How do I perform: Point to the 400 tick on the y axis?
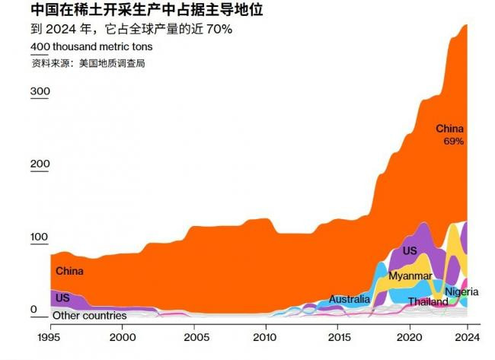click(x=40, y=47)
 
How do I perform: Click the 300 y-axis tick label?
click(x=40, y=92)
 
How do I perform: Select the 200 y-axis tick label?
click(x=40, y=164)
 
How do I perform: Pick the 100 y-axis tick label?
click(x=40, y=237)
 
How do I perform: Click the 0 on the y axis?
click(x=34, y=309)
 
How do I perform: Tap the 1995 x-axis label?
click(x=49, y=336)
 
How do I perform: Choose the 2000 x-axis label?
click(x=122, y=336)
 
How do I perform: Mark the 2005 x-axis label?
click(x=194, y=336)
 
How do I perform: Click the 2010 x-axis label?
click(x=266, y=336)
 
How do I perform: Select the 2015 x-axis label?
click(x=338, y=336)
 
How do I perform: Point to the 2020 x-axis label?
click(x=410, y=336)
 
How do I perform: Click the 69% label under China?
click(x=454, y=142)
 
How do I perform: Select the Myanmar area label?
click(x=410, y=276)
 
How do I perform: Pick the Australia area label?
click(x=350, y=299)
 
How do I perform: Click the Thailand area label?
click(x=428, y=302)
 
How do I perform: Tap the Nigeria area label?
click(x=461, y=292)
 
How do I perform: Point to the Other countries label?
click(x=89, y=315)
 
